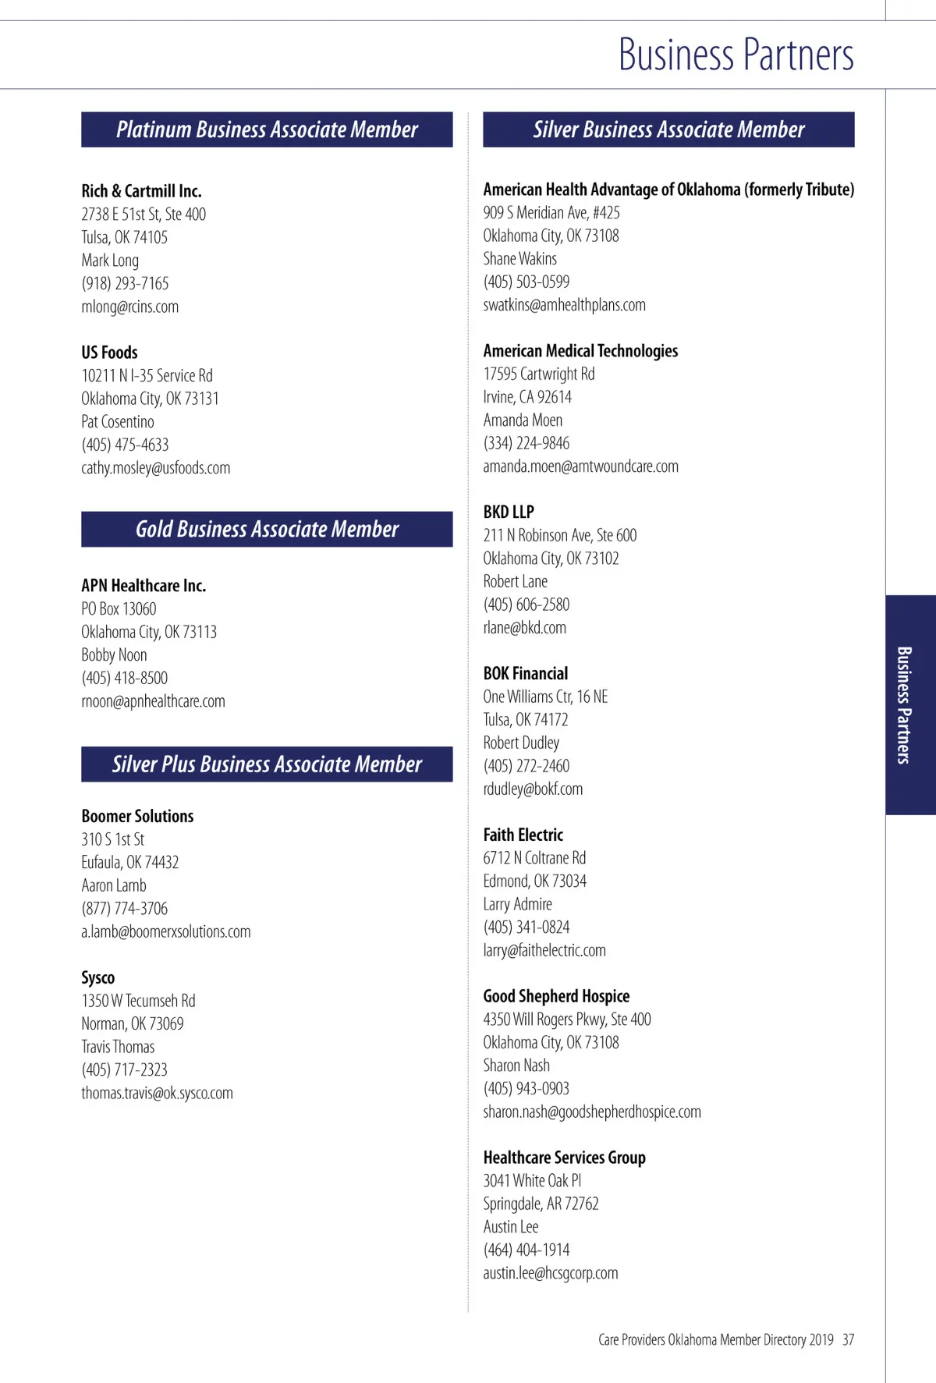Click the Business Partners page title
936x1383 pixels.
coord(736,55)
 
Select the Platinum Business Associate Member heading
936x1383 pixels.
coord(267,129)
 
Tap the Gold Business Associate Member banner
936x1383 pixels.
coord(267,529)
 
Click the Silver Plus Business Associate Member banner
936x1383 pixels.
coord(267,764)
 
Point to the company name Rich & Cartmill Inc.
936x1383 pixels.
coord(141,191)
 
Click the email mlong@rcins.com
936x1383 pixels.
coord(129,307)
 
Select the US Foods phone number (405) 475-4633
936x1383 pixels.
coord(125,445)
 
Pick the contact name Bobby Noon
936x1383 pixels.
coord(114,654)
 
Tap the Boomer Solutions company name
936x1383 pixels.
coord(137,816)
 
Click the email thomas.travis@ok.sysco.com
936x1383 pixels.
coord(157,1093)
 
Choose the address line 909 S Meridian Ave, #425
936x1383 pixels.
coord(551,212)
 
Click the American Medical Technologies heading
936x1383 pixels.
coord(580,351)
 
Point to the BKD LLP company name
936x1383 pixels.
coord(509,512)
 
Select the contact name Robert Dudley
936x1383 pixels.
coord(521,743)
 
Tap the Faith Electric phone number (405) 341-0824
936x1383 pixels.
coord(526,927)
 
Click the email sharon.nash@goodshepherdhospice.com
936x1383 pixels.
coord(592,1112)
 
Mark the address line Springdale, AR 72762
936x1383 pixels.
coord(541,1204)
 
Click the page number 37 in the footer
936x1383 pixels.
coord(848,1339)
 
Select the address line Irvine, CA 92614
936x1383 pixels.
coord(527,397)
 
